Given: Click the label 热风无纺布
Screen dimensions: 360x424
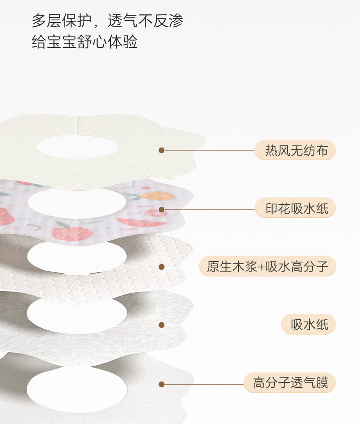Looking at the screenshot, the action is pyautogui.click(x=295, y=151).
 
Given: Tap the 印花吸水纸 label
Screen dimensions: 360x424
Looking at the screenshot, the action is pyautogui.click(x=295, y=209).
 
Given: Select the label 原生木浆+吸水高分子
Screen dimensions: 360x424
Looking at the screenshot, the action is pyautogui.click(x=267, y=267).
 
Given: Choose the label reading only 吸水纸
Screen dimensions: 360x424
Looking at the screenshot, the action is pyautogui.click(x=308, y=325).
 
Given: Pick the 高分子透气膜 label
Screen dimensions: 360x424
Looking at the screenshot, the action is pyautogui.click(x=290, y=383).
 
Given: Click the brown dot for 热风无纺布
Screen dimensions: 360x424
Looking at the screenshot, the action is pyautogui.click(x=161, y=150).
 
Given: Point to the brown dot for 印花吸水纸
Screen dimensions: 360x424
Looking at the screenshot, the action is pyautogui.click(x=161, y=209).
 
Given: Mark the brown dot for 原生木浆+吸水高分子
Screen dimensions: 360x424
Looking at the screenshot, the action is pyautogui.click(x=161, y=267).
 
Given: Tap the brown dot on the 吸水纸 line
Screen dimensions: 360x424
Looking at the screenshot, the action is pyautogui.click(x=161, y=325).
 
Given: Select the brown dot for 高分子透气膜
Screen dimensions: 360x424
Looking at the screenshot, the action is pyautogui.click(x=161, y=384).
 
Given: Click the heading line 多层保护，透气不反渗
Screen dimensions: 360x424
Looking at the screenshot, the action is pyautogui.click(x=108, y=21).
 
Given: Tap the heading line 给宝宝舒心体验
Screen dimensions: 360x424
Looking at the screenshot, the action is pyautogui.click(x=85, y=42).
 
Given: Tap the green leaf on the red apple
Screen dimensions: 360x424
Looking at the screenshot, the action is pyautogui.click(x=62, y=225).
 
